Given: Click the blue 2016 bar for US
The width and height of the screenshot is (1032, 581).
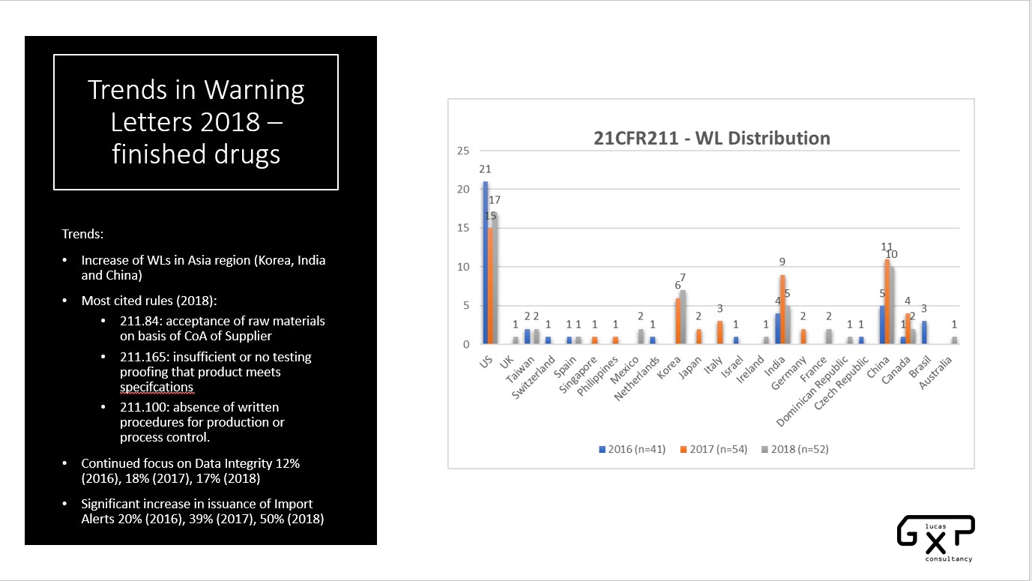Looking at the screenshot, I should tap(486, 262).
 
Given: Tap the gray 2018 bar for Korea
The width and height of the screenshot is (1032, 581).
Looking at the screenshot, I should tap(683, 317).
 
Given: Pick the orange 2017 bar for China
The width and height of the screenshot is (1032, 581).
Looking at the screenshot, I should tap(886, 301).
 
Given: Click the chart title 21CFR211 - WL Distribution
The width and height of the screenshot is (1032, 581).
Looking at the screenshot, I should tap(711, 139).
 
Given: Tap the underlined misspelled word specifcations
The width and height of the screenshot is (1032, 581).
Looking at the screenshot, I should tap(157, 387).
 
